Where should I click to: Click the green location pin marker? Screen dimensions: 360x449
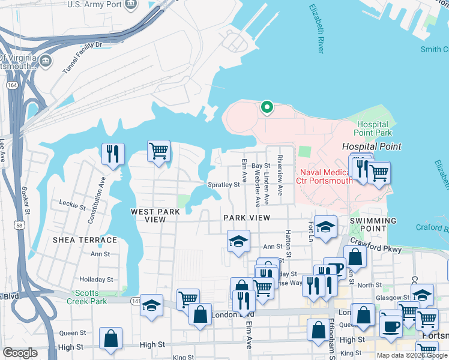coord(267,107)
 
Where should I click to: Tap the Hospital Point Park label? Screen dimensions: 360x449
coord(372,128)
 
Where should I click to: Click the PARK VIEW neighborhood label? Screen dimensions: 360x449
coord(247,217)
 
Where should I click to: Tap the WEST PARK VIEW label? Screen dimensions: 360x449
coord(156,215)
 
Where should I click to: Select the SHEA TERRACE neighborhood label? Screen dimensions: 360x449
coord(85,240)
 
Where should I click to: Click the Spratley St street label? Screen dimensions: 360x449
coord(223,185)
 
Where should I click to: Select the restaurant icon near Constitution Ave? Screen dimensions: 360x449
coord(112,154)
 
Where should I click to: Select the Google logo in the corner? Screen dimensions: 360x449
coord(20,353)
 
